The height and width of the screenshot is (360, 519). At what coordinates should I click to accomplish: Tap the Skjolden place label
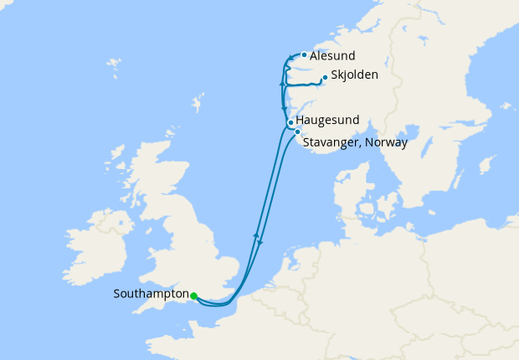point(354,75)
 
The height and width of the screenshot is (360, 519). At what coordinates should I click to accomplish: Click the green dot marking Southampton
point(193,296)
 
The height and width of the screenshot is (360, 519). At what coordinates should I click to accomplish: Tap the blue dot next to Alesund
point(303,55)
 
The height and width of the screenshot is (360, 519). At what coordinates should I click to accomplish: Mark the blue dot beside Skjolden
point(324,80)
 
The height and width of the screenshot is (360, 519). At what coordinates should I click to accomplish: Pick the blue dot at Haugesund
point(290,123)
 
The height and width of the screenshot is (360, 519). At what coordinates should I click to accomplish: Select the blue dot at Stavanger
point(297,131)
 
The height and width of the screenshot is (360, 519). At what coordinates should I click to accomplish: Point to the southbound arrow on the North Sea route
point(260,243)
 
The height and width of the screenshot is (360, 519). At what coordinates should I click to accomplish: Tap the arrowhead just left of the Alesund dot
point(290,58)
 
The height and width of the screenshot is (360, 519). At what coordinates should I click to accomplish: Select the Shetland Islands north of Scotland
point(198,105)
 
